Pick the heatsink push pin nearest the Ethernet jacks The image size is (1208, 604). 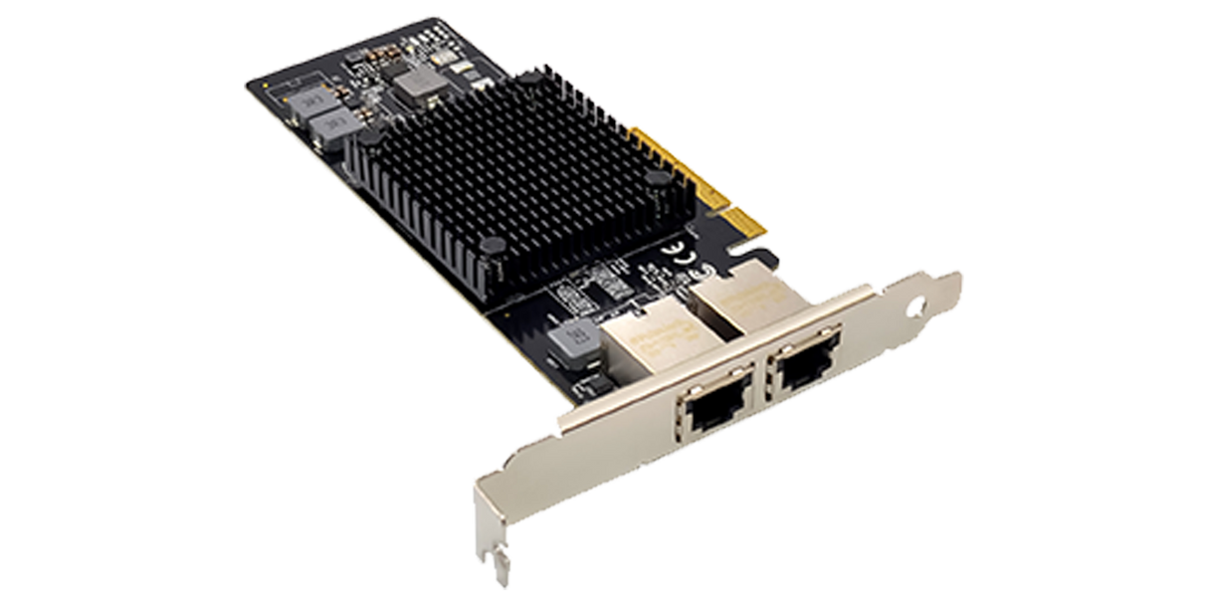pyautogui.click(x=491, y=244)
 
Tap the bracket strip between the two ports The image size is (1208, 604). pyautogui.click(x=758, y=390)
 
